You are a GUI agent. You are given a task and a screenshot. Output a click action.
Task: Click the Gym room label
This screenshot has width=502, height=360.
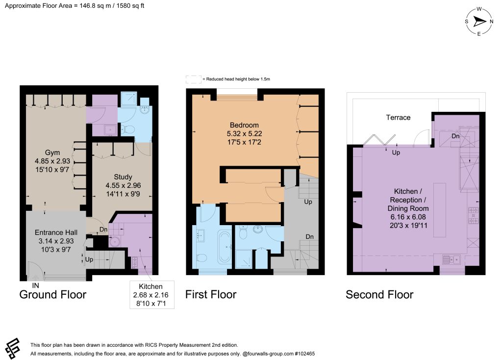point(52,153)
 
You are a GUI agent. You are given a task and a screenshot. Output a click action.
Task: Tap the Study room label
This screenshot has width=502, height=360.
point(123,177)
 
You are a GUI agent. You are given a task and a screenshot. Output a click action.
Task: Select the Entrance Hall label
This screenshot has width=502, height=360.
point(56,232)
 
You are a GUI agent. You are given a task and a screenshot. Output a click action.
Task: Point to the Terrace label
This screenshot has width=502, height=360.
point(398,118)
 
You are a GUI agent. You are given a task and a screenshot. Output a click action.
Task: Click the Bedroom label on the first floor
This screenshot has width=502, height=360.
point(244,125)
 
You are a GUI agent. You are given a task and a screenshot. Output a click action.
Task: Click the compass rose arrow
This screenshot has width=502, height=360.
point(479,22)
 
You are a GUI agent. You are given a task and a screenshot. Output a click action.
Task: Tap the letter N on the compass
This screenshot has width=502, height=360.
point(491,22)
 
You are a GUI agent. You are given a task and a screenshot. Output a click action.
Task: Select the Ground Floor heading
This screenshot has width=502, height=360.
point(53,295)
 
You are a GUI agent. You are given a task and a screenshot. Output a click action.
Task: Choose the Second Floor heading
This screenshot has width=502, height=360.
point(379,295)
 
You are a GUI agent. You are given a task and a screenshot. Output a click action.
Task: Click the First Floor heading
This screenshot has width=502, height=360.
point(211,295)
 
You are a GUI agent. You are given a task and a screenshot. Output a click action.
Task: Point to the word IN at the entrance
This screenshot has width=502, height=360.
point(35,285)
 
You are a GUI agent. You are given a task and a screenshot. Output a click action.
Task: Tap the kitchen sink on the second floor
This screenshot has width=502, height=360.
point(451,259)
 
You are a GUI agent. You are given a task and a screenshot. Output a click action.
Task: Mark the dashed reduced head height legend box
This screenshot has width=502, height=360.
point(193,79)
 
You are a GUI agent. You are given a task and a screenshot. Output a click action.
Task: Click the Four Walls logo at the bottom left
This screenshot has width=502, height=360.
point(13,348)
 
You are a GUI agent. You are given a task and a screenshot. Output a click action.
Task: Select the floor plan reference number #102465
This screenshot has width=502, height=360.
point(304,354)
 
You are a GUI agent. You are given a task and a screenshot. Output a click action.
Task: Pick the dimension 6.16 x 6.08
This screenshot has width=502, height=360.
point(408,217)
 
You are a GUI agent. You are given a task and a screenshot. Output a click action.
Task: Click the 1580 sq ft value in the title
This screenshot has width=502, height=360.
point(130,6)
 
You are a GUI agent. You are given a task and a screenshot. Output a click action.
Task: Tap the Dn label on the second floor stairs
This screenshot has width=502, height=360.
point(455,136)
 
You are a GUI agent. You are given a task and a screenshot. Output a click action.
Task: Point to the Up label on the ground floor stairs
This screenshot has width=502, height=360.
point(89,259)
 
